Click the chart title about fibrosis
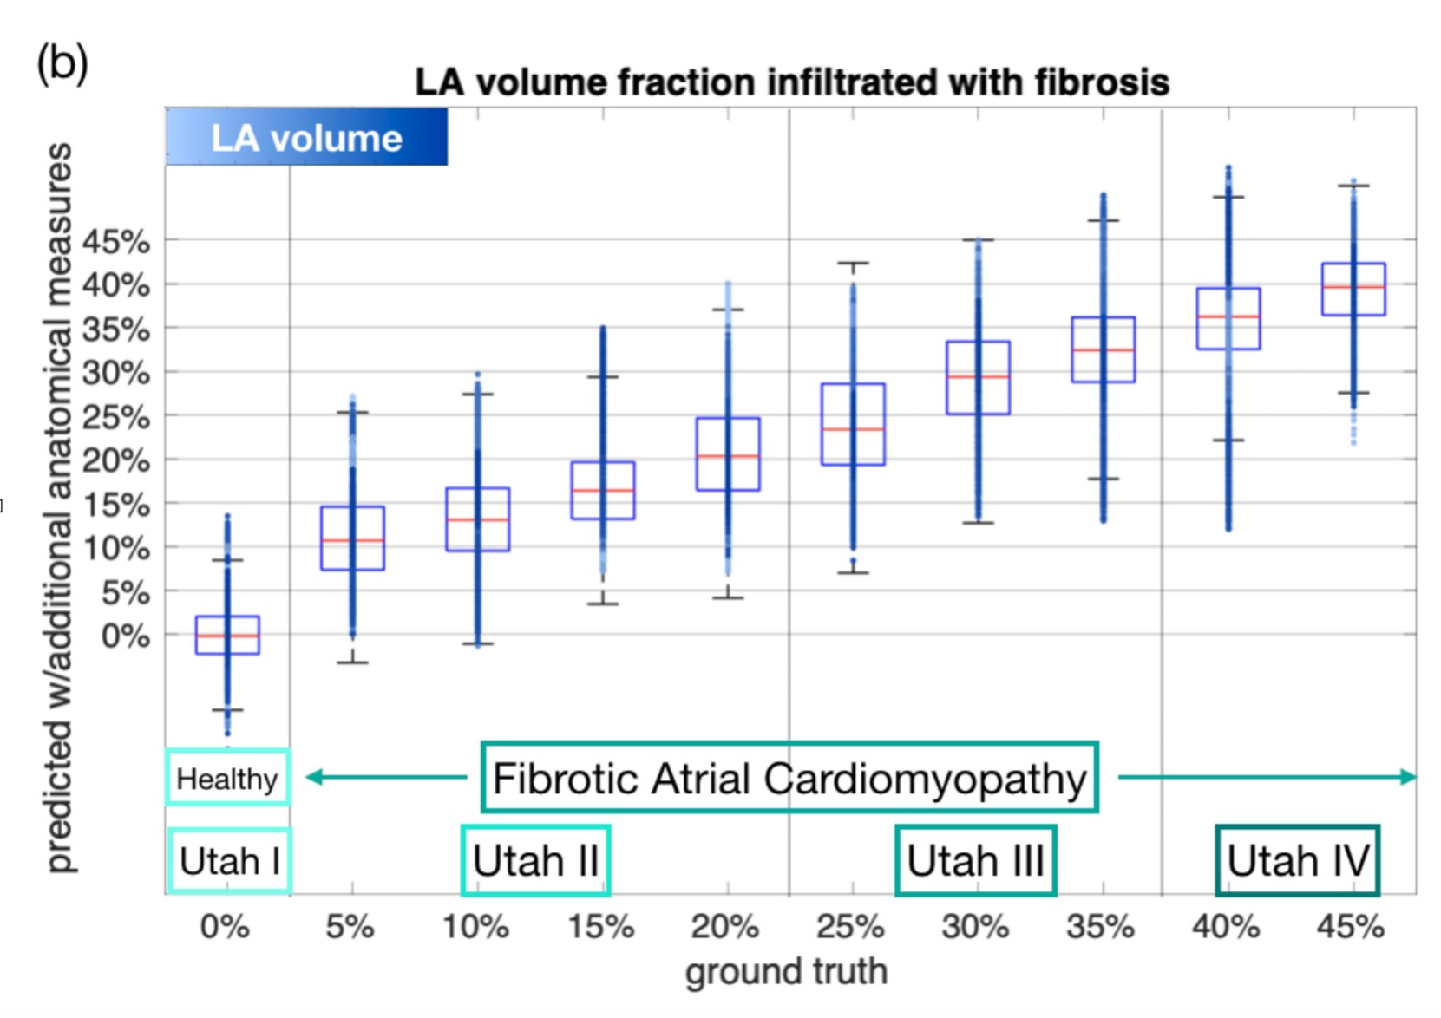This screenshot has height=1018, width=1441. point(791,82)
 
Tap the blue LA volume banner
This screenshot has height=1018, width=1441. point(306,138)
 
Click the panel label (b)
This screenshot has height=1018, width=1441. point(62,63)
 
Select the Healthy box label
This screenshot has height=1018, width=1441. point(226,778)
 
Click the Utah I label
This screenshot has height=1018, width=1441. point(229,861)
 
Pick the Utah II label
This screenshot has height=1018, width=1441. point(535,861)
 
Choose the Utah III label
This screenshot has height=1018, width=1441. point(975,861)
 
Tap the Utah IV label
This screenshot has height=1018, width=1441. point(1297,861)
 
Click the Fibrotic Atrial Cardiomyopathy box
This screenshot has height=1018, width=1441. point(789,778)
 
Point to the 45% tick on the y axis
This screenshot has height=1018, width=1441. point(116,242)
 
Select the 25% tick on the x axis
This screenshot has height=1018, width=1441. point(850,927)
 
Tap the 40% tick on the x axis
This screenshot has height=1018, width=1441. point(1225,927)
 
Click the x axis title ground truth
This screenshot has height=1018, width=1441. point(786,971)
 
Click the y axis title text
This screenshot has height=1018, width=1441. point(59,507)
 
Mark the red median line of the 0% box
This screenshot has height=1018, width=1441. point(227,636)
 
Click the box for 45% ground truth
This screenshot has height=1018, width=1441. point(1353,289)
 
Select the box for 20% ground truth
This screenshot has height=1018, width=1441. point(728,454)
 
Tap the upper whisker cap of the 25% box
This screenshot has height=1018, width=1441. point(853,263)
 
